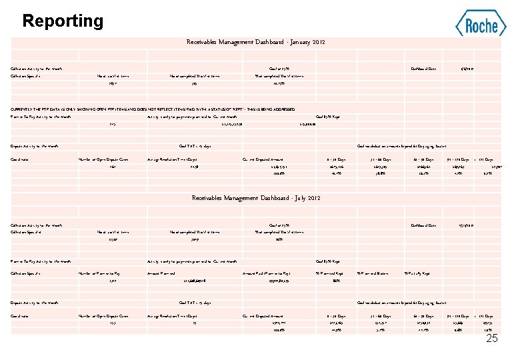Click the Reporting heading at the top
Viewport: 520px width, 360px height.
(63, 21)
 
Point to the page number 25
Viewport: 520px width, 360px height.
(491, 339)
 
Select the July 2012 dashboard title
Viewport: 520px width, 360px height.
(256, 198)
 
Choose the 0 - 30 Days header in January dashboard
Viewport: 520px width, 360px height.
(336, 159)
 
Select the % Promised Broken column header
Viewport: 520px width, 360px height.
(373, 273)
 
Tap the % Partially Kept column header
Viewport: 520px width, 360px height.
(417, 273)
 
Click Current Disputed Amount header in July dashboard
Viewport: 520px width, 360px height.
(265, 315)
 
